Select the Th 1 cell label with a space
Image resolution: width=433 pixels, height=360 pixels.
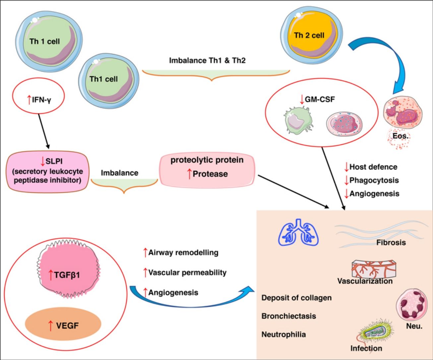[x=45, y=42]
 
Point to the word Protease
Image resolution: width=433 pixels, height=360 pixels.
[x=210, y=174]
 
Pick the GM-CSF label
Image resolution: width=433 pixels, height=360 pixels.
[x=319, y=99]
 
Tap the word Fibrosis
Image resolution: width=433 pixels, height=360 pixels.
[x=391, y=243]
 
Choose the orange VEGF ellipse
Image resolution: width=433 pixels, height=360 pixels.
[x=63, y=325]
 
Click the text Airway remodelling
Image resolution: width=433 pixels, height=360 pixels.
[x=183, y=252]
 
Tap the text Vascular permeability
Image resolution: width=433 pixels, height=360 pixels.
[x=187, y=272]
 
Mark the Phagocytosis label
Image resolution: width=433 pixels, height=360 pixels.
[x=374, y=180]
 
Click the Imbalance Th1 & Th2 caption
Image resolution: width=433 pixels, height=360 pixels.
[x=207, y=61]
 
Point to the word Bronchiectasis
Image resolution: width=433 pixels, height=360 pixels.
[x=288, y=316]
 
